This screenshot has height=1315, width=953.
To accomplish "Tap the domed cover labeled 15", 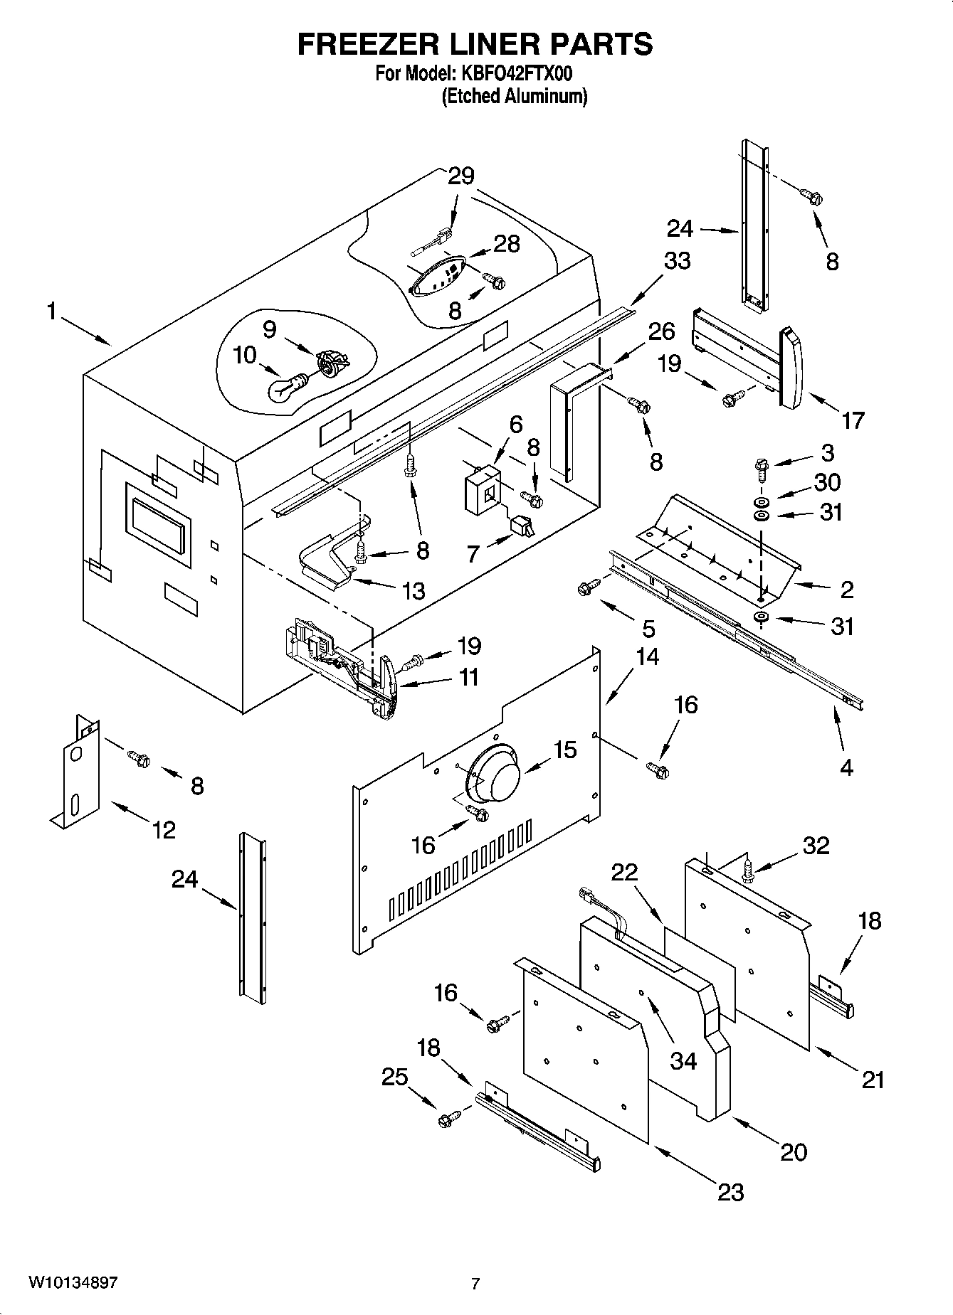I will pos(495,774).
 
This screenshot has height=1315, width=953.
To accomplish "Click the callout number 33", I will pos(676,261).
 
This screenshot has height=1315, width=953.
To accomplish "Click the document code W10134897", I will pos(73,1282).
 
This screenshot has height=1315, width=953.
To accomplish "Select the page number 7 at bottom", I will pos(475,1284).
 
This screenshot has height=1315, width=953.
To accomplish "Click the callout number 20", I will pos(794,1151).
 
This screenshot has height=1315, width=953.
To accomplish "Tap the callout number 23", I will pos(730,1191).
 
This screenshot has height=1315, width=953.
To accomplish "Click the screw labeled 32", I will pos(747,869).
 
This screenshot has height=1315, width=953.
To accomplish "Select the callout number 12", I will pos(164,829).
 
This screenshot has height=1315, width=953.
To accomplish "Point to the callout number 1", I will pos(51,312).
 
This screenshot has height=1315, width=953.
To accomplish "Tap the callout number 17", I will pos(853,420).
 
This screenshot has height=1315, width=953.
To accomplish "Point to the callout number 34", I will pos(684,1060).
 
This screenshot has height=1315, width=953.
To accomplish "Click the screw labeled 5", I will pos(587,587).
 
